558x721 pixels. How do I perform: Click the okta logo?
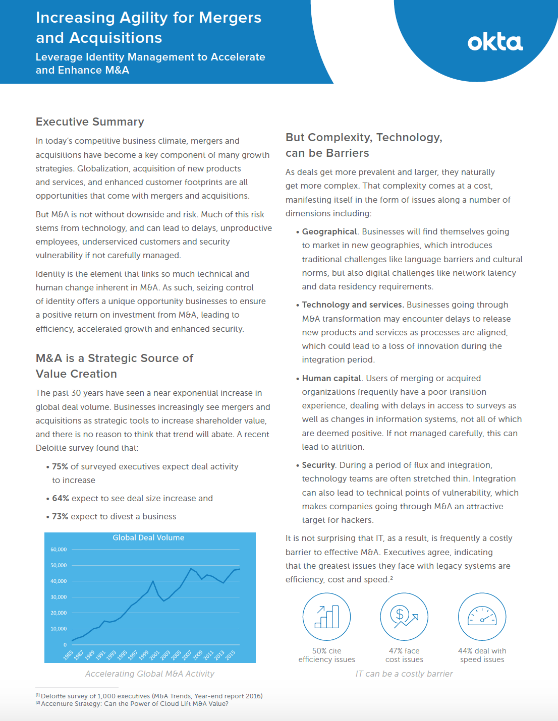point(495,43)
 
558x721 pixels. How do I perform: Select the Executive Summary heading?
point(90,122)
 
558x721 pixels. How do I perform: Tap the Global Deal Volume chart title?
point(148,538)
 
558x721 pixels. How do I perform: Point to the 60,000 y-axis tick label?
point(59,550)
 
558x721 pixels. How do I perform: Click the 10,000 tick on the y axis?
point(59,629)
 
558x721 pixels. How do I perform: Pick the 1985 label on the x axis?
point(68,655)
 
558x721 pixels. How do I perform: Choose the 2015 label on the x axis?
point(230,655)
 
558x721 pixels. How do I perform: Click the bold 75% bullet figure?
point(60,467)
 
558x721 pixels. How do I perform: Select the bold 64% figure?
point(61,499)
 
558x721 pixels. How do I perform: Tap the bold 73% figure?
point(60,517)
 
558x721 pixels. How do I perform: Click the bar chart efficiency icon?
point(326,617)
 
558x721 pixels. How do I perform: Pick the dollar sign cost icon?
point(404,617)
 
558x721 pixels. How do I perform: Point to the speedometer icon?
point(482,617)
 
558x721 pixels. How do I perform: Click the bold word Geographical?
point(329,232)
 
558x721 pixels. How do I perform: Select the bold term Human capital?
point(331,379)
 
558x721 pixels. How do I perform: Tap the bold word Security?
point(318,465)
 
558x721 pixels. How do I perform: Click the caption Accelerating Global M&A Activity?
point(149,674)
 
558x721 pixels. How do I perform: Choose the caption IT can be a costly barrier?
point(404,674)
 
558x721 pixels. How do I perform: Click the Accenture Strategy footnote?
point(134,704)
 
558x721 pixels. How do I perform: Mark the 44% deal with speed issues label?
point(482,655)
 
